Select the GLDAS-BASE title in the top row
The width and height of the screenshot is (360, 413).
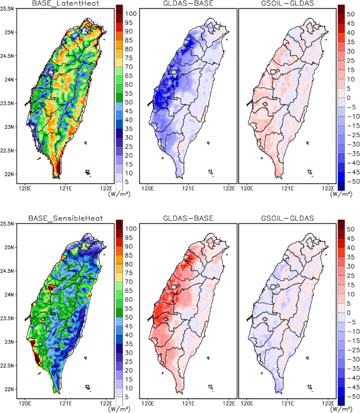click(186, 4)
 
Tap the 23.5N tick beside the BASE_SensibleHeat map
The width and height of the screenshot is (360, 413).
click(9, 318)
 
